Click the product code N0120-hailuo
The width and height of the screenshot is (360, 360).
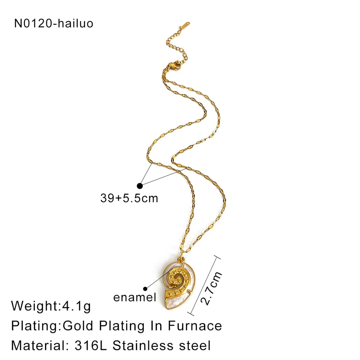(54, 23)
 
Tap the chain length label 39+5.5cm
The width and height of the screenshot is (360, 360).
(129, 198)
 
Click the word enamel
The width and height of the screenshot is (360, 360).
(135, 297)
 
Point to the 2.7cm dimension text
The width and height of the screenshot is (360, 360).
(211, 288)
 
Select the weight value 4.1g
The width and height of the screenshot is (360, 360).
(76, 306)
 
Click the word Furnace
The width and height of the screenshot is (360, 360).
(195, 326)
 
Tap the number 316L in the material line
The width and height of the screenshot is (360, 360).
(91, 345)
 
